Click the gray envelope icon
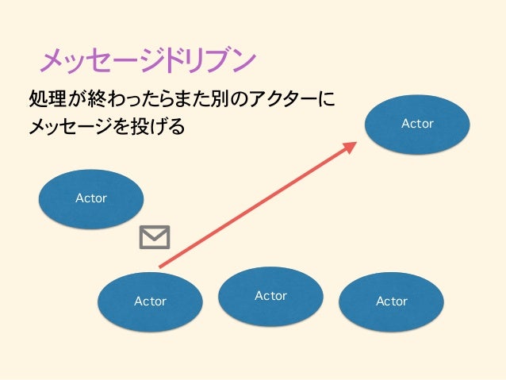[x=155, y=237]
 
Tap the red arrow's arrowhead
[x=351, y=146]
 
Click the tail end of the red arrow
[x=161, y=266]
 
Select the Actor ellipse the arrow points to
[x=417, y=124]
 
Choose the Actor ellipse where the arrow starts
[x=150, y=301]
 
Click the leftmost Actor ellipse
[x=91, y=198]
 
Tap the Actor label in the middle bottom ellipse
[x=270, y=295]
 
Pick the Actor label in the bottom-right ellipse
[x=391, y=301]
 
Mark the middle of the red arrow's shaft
[x=255, y=205]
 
